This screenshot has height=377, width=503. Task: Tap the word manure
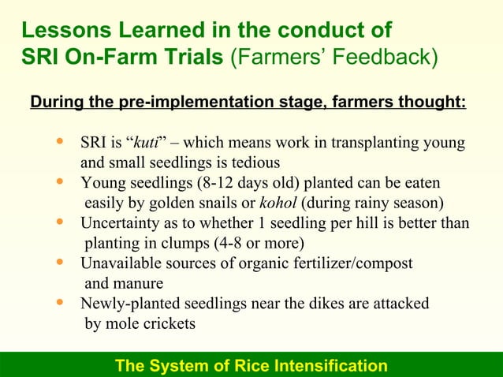137,283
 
